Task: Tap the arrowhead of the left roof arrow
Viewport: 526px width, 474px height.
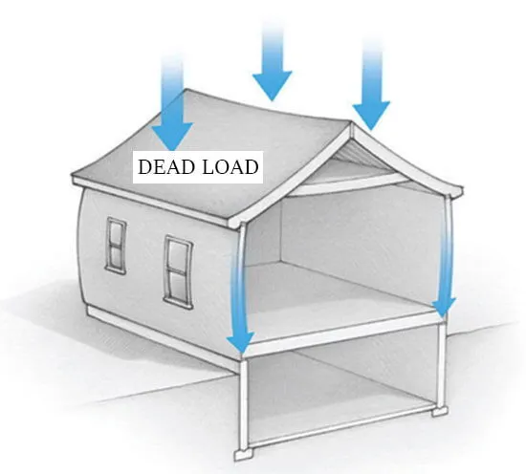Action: click(x=172, y=137)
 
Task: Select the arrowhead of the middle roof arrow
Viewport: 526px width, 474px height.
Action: click(x=272, y=85)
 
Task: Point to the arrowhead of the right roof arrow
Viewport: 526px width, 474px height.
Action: click(x=371, y=115)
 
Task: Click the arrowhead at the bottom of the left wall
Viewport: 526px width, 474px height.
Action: click(x=241, y=341)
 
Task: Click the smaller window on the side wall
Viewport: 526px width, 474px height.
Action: click(x=117, y=246)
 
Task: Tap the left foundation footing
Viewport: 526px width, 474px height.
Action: click(x=244, y=454)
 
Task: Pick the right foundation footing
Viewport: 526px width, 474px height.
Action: click(x=440, y=410)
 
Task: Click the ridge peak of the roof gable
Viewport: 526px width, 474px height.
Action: click(x=351, y=123)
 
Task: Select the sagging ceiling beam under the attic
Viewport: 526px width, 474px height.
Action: click(x=349, y=187)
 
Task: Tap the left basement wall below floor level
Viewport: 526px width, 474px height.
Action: click(x=244, y=403)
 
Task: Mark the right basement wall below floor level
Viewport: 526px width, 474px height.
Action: click(x=442, y=365)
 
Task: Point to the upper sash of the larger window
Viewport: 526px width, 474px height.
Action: click(x=179, y=256)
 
